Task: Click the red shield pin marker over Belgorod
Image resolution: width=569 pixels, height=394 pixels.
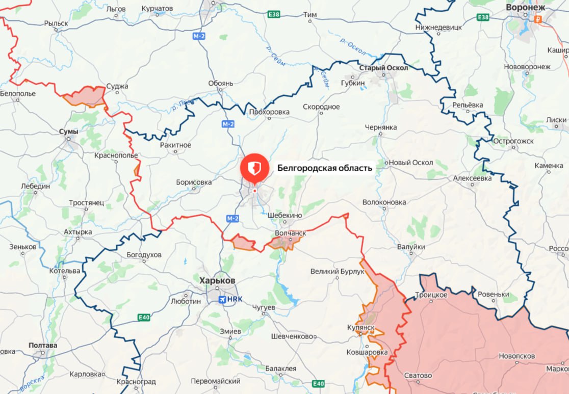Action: [x=254, y=168]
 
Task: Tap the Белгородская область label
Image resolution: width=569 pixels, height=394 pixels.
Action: [x=325, y=167]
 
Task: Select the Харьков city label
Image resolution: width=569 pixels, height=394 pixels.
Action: [x=217, y=281]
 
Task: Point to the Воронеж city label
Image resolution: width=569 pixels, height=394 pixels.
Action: [x=525, y=8]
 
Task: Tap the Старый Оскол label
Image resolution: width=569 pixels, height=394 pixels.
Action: [x=383, y=67]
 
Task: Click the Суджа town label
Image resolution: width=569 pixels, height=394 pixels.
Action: [x=117, y=87]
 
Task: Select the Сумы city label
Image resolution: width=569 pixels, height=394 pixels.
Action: [x=69, y=132]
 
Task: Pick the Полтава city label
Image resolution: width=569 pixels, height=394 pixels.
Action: [x=43, y=345]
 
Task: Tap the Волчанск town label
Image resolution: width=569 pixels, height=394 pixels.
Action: [x=291, y=232]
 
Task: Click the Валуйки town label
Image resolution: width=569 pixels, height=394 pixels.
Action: [x=411, y=247]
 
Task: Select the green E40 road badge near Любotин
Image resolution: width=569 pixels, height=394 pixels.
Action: [x=144, y=318]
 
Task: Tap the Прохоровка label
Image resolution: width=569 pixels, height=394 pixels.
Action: [x=269, y=112]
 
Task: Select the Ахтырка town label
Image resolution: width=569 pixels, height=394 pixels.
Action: [x=78, y=232]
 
